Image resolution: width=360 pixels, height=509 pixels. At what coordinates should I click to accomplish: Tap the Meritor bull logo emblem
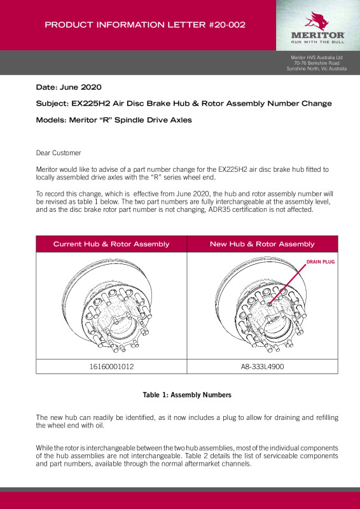[x=316, y=21]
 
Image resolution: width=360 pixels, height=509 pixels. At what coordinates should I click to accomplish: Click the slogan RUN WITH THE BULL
[x=317, y=42]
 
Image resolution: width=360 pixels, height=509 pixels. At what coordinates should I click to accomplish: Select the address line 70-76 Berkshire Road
[x=317, y=63]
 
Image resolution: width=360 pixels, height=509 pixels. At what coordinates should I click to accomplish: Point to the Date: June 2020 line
[x=69, y=87]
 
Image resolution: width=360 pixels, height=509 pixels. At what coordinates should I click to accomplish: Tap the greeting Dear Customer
[x=59, y=153]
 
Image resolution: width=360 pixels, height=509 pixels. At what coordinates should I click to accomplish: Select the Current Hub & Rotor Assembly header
[x=111, y=244]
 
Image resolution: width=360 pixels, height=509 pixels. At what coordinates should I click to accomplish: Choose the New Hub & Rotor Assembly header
[x=262, y=244]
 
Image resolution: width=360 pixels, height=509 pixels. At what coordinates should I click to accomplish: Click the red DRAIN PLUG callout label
[x=321, y=261]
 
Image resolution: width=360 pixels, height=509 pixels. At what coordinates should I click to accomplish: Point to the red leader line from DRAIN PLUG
[x=288, y=284]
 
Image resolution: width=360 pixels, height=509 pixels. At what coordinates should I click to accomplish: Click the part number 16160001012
[x=111, y=367]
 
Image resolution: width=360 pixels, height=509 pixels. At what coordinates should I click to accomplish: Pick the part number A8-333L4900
[x=262, y=367]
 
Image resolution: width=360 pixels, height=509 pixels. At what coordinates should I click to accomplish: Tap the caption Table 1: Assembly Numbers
[x=187, y=395]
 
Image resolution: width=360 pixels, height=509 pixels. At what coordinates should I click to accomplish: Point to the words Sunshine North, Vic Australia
[x=317, y=69]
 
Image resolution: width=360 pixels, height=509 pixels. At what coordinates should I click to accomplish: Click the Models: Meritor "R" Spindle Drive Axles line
[x=114, y=120]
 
